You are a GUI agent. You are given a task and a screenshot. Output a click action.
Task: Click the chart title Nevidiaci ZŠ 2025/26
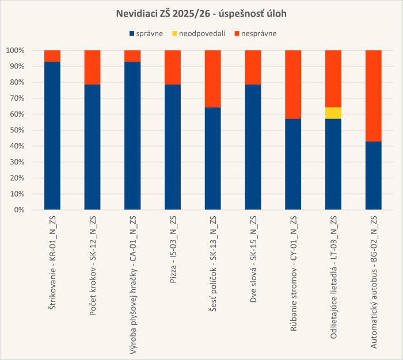(201, 13)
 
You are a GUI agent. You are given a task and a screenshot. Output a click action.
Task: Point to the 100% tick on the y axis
(15, 51)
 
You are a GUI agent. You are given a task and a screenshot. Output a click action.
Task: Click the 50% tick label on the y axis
(17, 130)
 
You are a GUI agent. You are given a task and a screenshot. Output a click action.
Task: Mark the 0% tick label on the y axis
(19, 210)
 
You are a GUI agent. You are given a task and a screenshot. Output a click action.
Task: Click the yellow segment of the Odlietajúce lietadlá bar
(333, 113)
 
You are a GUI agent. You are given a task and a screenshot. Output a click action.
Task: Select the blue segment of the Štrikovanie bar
(52, 136)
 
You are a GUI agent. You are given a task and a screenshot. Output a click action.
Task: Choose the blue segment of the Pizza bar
(173, 147)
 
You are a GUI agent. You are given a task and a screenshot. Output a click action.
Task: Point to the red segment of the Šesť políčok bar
(213, 79)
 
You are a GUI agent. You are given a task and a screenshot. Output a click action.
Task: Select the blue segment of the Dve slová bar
(253, 147)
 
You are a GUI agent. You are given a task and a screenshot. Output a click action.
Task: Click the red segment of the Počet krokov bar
(93, 67)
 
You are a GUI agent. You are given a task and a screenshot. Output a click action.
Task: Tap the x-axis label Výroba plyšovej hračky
(133, 284)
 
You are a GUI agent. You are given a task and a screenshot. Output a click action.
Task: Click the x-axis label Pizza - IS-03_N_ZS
(173, 251)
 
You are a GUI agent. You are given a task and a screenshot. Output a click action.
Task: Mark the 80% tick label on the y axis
(17, 82)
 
